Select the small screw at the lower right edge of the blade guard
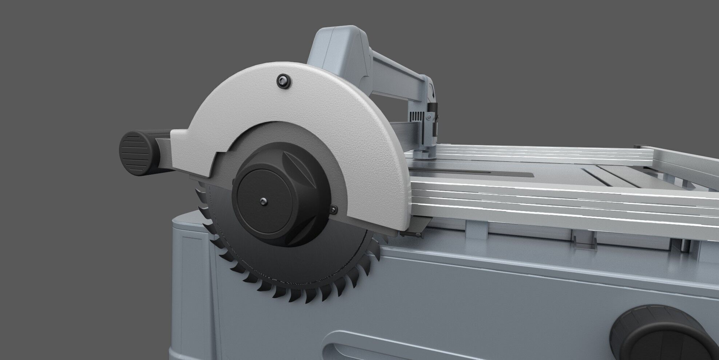click(x=334, y=208)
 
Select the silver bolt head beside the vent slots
click(x=429, y=117)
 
